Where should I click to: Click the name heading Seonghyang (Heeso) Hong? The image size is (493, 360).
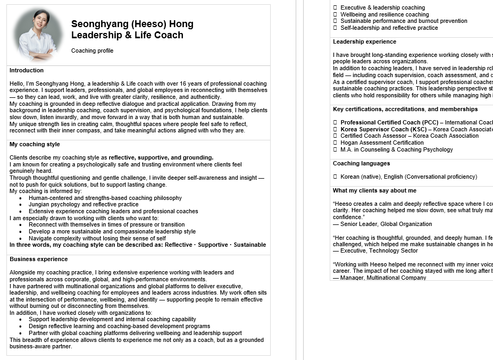pos(132,24)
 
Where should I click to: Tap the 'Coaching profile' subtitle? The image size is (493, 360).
pos(92,51)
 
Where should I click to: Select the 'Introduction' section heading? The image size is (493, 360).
pos(27,70)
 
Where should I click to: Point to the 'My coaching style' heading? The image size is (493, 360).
pos(35,144)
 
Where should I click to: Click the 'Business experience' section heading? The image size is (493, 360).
pos(38,259)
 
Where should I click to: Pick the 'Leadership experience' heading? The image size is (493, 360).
pos(364,41)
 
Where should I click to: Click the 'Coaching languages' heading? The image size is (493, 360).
pos(361,163)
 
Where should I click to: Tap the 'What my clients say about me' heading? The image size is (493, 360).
pos(374,190)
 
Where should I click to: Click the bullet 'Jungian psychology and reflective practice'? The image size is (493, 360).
pos(83,204)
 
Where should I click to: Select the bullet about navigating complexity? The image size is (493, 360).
pos(97,238)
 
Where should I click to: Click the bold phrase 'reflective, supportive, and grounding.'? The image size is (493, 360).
pos(161,157)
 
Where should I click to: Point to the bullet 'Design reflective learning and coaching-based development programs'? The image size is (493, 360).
pos(119,326)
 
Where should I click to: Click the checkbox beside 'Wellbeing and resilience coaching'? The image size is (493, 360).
pos(335,14)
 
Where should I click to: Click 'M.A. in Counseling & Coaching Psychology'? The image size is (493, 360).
pos(397,149)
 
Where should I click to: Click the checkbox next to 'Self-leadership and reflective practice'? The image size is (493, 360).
pos(335,28)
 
